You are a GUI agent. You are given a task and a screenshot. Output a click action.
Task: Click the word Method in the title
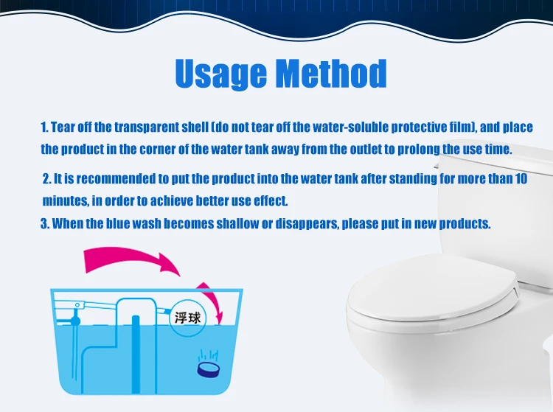coord(331,74)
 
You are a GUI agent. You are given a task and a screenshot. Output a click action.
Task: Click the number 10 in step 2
coord(520,179)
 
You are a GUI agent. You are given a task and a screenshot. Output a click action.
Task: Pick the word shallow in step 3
coord(251,223)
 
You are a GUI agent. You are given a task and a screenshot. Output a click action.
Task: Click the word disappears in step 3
coord(304,223)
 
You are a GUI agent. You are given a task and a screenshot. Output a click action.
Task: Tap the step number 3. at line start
coord(45,223)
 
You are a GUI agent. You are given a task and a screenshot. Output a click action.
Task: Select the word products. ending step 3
coord(464,223)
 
